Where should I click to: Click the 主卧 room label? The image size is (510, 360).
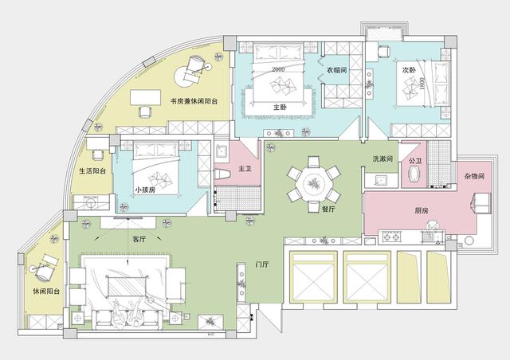pyautogui.click(x=280, y=107)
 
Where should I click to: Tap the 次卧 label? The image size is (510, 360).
pyautogui.click(x=409, y=70)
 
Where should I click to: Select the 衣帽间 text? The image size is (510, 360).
pyautogui.click(x=337, y=70)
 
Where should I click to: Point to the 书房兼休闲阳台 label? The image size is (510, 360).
pyautogui.click(x=194, y=101)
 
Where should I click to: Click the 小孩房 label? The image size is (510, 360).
pyautogui.click(x=145, y=190)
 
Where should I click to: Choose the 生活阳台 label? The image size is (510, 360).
pyautogui.click(x=92, y=170)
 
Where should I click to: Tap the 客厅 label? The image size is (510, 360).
pyautogui.click(x=139, y=240)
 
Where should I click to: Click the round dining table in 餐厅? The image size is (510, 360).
pyautogui.click(x=314, y=184)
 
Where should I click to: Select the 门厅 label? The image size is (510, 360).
pyautogui.click(x=262, y=264)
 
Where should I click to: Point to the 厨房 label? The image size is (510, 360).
pyautogui.click(x=422, y=211)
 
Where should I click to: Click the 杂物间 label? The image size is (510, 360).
pyautogui.click(x=475, y=176)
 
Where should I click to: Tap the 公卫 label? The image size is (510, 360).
pyautogui.click(x=415, y=161)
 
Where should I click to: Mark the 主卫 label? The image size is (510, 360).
pyautogui.click(x=245, y=169)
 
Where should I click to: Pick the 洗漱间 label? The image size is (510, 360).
pyautogui.click(x=382, y=159)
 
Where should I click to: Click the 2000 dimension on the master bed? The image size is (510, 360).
pyautogui.click(x=278, y=69)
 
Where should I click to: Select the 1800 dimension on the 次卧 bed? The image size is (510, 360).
pyautogui.click(x=422, y=84)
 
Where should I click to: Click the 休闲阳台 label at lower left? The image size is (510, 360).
pyautogui.click(x=46, y=292)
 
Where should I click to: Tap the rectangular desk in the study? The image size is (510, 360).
pyautogui.click(x=145, y=97)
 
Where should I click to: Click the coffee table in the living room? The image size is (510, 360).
pyautogui.click(x=127, y=286)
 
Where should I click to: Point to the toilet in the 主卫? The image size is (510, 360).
pyautogui.click(x=222, y=174)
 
